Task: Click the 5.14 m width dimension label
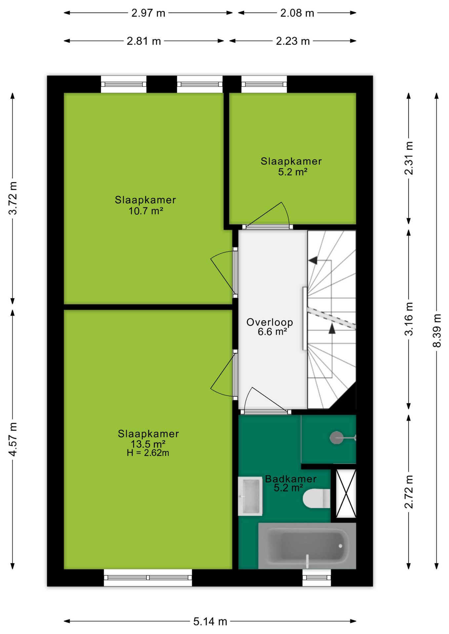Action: [x=210, y=621]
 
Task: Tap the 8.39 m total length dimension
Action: [x=437, y=331]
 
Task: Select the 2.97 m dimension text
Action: [x=148, y=13]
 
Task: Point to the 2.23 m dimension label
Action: [x=293, y=41]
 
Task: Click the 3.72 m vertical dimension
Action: [x=13, y=198]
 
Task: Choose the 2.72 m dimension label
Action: [x=409, y=492]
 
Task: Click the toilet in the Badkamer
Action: [x=316, y=498]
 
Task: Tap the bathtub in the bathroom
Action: [x=307, y=546]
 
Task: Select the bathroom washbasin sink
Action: [x=250, y=496]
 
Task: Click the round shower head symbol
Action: [x=337, y=438]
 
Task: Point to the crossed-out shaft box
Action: [x=346, y=493]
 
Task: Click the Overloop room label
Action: [x=270, y=322]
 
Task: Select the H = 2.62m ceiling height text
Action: [x=148, y=453]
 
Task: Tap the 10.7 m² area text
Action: [x=146, y=211]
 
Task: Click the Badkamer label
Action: [x=291, y=478]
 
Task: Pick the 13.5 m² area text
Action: [x=148, y=444]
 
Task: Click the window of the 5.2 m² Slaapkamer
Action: [x=264, y=84]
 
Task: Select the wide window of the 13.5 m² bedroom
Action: [x=148, y=578]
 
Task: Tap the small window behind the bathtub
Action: [x=317, y=578]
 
